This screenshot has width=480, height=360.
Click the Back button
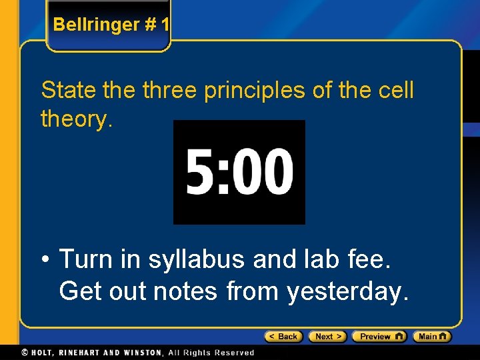click(283, 337)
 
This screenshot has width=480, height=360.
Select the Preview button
click(379, 337)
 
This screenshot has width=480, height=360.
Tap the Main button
click(431, 337)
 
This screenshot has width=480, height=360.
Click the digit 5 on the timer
click(199, 172)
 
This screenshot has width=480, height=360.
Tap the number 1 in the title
click(165, 25)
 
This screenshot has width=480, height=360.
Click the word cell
click(394, 90)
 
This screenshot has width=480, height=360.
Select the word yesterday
click(347, 291)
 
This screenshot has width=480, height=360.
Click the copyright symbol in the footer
click(25, 352)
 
